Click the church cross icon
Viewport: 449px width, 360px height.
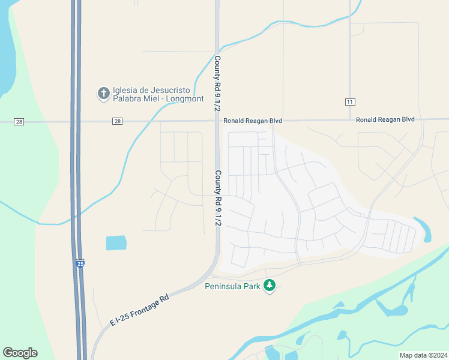click(103, 93)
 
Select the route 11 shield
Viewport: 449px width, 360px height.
click(349, 102)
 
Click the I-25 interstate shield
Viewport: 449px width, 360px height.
click(80, 263)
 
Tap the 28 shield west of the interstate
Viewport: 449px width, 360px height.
click(19, 122)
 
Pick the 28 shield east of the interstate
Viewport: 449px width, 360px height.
click(116, 122)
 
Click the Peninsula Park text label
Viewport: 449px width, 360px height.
click(232, 286)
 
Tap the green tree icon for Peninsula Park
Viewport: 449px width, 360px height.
click(270, 285)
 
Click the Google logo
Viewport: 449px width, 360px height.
click(20, 352)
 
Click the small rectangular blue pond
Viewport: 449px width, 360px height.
click(116, 243)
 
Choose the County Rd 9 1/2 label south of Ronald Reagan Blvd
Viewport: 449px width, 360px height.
click(218, 197)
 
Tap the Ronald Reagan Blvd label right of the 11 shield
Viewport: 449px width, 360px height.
click(385, 119)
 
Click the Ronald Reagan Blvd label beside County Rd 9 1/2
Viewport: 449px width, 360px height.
click(253, 121)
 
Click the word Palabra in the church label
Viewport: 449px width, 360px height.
click(127, 98)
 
